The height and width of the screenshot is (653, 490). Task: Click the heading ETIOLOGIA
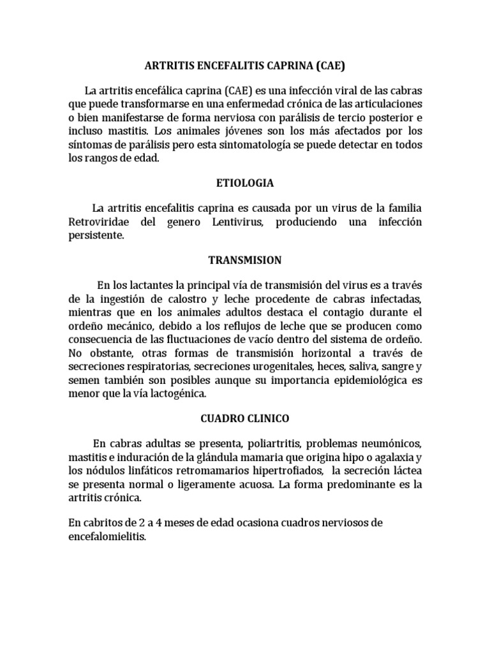point(245,183)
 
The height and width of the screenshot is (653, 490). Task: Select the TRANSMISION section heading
point(245,260)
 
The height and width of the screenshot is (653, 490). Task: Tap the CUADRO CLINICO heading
point(245,418)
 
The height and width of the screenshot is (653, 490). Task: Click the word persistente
point(94,235)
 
